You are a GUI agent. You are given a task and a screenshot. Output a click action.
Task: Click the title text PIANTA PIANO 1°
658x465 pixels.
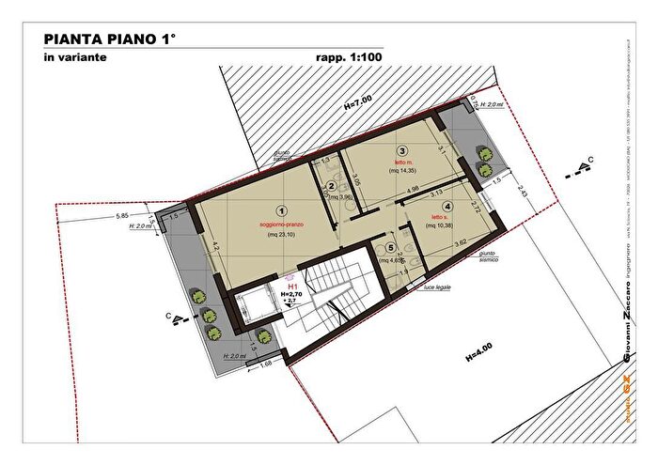point(110,39)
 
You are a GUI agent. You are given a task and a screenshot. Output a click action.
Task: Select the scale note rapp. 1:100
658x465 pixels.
point(349,58)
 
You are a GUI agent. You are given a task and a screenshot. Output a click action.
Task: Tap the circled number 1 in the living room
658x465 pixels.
point(279,212)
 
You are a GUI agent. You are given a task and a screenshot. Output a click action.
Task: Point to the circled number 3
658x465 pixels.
point(401,150)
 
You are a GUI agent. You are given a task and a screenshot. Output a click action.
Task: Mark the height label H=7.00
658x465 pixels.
point(357,102)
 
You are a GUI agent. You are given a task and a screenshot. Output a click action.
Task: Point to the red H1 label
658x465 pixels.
point(292,286)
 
